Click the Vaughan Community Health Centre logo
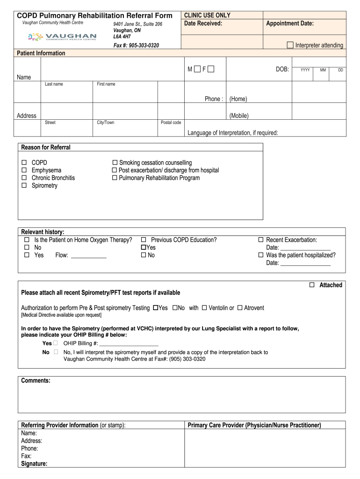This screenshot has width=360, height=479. coord(62,37)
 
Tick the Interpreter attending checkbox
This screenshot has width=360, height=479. coord(290,45)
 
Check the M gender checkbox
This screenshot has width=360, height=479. coord(197,70)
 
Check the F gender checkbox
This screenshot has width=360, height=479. coord(211,70)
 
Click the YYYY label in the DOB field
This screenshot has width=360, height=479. coord(305,70)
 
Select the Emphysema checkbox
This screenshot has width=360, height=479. coord(25,170)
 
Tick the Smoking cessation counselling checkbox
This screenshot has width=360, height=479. coord(115,163)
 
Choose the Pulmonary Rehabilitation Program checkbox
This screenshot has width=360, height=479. coord(115,178)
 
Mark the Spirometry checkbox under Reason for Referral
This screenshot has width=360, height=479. coord(25,186)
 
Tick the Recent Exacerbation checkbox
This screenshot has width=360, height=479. coord(261,240)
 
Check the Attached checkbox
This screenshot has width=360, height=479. coord(312,285)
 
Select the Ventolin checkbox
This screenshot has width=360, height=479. coord(204,308)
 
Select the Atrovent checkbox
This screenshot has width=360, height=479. coord(240,308)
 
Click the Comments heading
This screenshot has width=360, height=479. coord(36,381)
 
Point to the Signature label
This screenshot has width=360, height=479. coord(34,464)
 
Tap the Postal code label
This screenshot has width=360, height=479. coord(171,123)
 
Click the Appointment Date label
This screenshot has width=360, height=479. coord(290,23)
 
